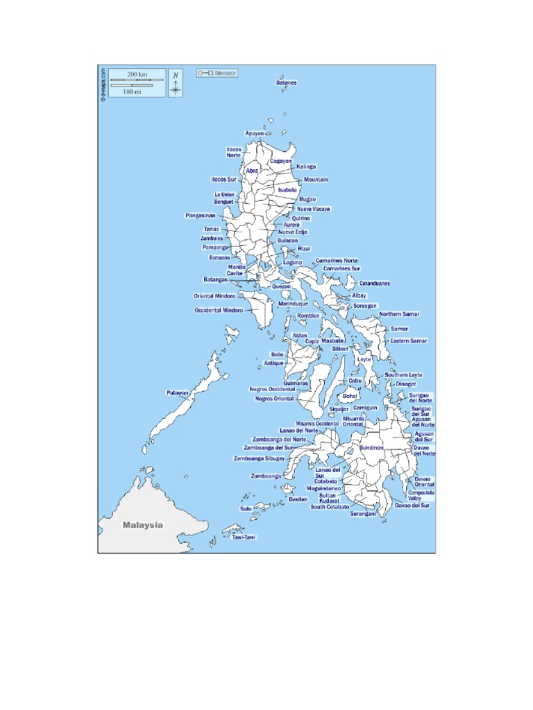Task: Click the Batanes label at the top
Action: (286, 83)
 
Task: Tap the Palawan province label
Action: (177, 393)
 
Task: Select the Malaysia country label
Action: (143, 525)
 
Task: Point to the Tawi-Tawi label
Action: (243, 537)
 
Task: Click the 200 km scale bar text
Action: (137, 73)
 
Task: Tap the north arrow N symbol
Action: (176, 75)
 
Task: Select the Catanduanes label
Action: (374, 284)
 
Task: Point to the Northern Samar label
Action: (399, 315)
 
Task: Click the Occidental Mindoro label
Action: (219, 310)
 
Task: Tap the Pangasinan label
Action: (200, 216)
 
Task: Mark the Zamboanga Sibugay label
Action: (259, 458)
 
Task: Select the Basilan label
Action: (298, 499)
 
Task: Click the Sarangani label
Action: (363, 514)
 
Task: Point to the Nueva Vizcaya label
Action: (314, 208)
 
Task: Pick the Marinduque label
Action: (293, 304)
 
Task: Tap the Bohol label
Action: (350, 396)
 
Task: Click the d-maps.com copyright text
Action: (103, 85)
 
